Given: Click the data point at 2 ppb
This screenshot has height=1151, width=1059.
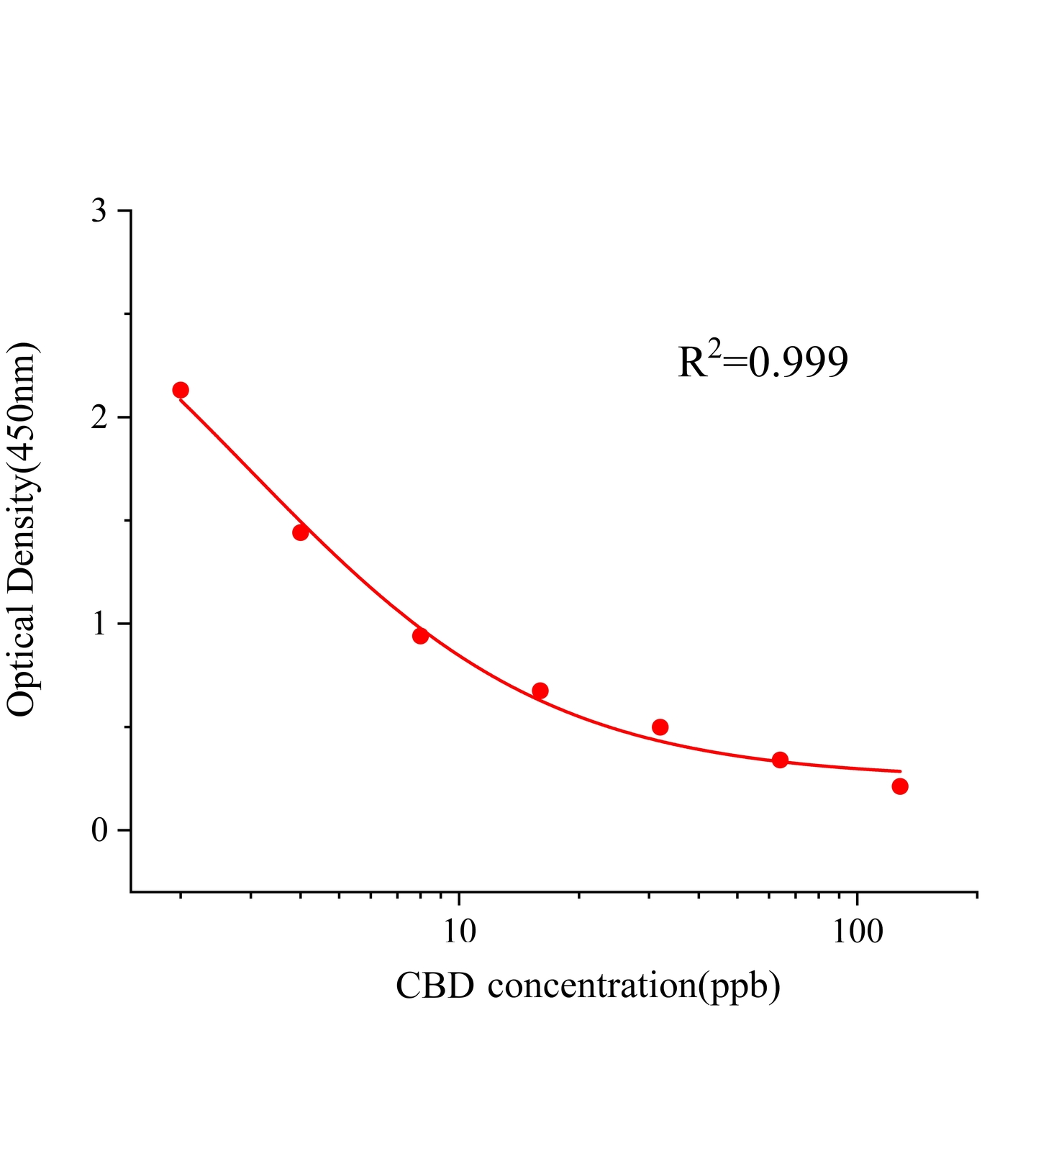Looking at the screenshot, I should pos(181,390).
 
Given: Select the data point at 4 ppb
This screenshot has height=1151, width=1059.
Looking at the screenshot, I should pos(301,532).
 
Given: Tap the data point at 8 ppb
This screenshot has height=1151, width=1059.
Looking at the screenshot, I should pos(421,636).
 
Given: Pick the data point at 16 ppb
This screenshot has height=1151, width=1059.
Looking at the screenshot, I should pos(540,691).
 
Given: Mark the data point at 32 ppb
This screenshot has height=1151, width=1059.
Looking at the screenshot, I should pos(660,727).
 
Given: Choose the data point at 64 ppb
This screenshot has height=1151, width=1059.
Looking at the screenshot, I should pos(781,760).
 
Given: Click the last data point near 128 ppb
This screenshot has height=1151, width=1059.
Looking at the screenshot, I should pos(900,786).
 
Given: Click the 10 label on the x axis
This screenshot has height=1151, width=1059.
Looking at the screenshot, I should pos(459,932).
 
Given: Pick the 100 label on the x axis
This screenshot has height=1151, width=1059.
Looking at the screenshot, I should pos(858,932).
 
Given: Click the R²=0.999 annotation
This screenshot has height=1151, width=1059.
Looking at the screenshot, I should pos(763,360).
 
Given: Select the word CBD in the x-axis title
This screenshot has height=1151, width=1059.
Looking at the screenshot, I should pos(435,986).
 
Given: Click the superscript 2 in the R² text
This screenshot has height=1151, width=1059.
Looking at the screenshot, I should pos(714,348).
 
